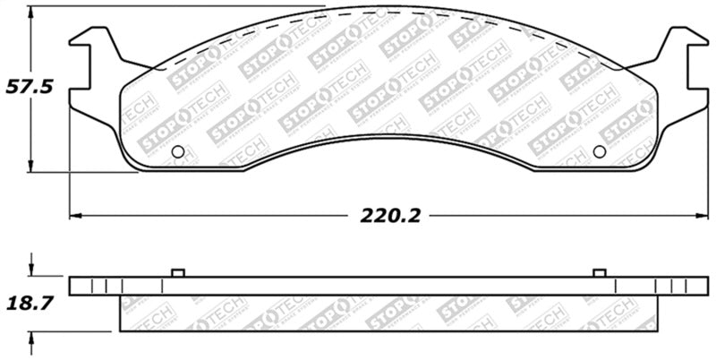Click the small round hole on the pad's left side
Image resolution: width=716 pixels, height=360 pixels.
[x=177, y=151]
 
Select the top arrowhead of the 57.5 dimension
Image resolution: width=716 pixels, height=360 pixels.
[x=30, y=12]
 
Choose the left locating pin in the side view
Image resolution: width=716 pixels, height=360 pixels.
[x=177, y=272]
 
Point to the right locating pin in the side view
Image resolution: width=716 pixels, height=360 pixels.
[x=599, y=272]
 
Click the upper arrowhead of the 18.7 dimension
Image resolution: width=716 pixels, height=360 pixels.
[x=30, y=270]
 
